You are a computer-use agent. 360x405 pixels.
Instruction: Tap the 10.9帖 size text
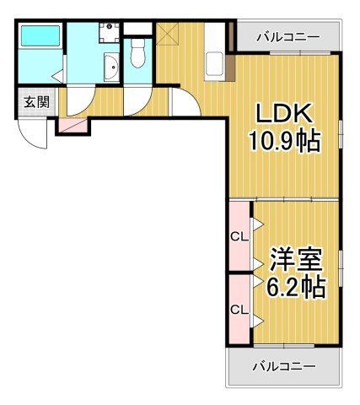[x=283, y=140]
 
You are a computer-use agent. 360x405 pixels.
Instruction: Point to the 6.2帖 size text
[x=295, y=287]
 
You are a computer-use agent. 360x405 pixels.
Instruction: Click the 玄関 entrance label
[x=35, y=103]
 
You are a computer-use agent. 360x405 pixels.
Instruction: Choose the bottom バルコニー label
[x=284, y=366]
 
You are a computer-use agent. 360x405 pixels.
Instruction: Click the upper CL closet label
[x=239, y=236]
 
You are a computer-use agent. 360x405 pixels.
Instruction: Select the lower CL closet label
[x=239, y=310]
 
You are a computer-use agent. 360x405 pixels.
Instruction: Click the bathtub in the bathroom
[x=40, y=35]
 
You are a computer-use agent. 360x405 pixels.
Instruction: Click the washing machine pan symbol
[x=109, y=32]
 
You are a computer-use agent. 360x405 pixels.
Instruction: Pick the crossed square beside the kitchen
[x=169, y=35]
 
